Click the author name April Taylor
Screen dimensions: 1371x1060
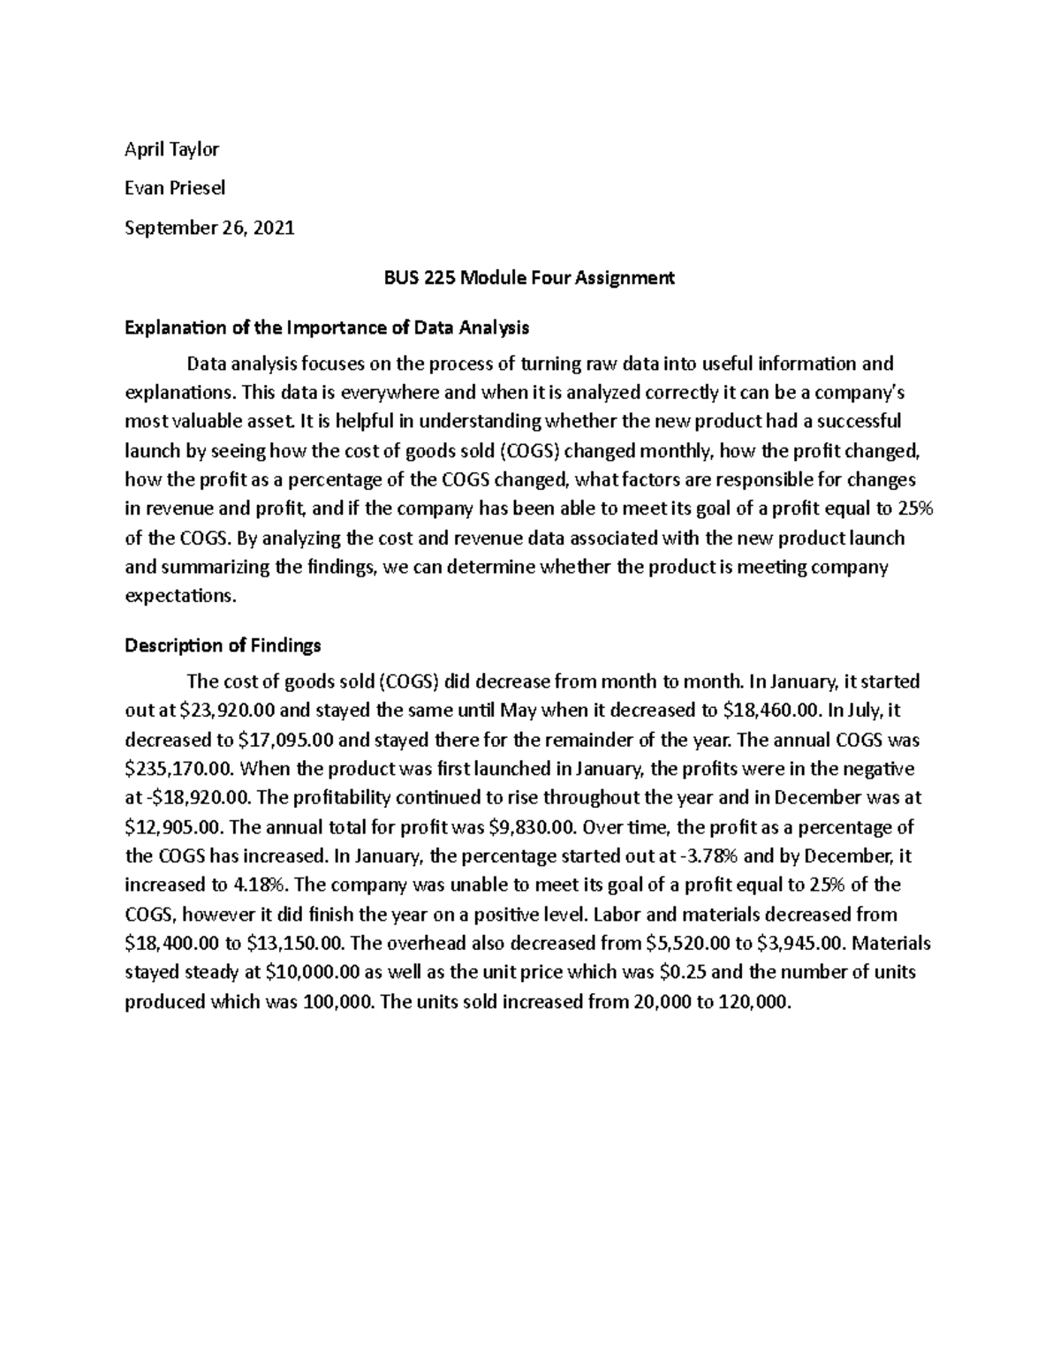[171, 149]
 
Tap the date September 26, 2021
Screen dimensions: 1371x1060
[209, 228]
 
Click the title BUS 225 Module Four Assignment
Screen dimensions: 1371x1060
[528, 278]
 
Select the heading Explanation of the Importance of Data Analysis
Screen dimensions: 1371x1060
[327, 328]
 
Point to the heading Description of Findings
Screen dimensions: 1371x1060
[223, 645]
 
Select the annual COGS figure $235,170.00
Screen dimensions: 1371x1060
[177, 769]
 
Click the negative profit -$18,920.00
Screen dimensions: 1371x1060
[197, 798]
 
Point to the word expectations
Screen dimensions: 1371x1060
[181, 596]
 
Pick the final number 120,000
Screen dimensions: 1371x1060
[749, 1001]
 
